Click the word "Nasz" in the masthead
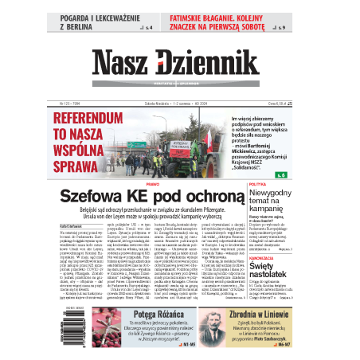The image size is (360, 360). point(120,65)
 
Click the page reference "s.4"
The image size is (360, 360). point(146,28)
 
